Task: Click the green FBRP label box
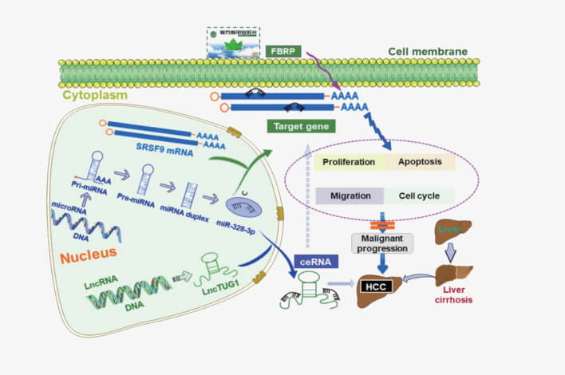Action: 282,49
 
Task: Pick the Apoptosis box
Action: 421,162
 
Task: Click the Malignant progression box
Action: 384,243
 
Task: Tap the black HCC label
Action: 373,285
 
